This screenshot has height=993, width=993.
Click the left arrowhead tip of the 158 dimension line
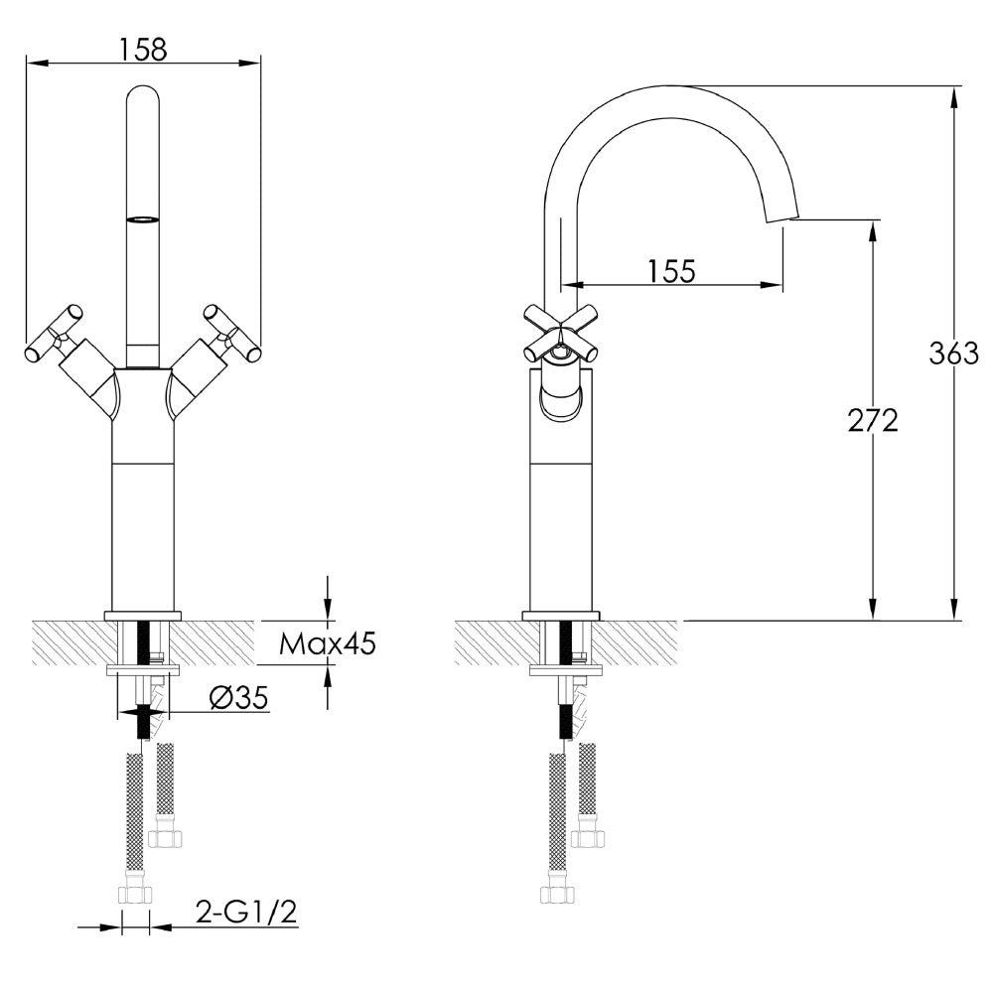27,63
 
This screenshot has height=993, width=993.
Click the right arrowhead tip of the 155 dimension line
783,284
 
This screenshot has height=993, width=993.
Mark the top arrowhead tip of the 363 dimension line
953,86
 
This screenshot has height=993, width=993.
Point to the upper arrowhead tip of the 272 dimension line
873,220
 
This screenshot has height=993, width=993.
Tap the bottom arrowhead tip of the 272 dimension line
873,620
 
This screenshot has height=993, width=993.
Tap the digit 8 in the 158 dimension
157,50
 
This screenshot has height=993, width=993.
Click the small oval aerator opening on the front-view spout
142,219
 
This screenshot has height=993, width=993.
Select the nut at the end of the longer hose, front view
135,889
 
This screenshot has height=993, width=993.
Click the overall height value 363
953,354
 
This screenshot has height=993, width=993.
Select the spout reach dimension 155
672,271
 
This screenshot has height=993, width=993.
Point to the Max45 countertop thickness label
328,644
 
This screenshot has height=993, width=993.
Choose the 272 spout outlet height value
873,420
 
